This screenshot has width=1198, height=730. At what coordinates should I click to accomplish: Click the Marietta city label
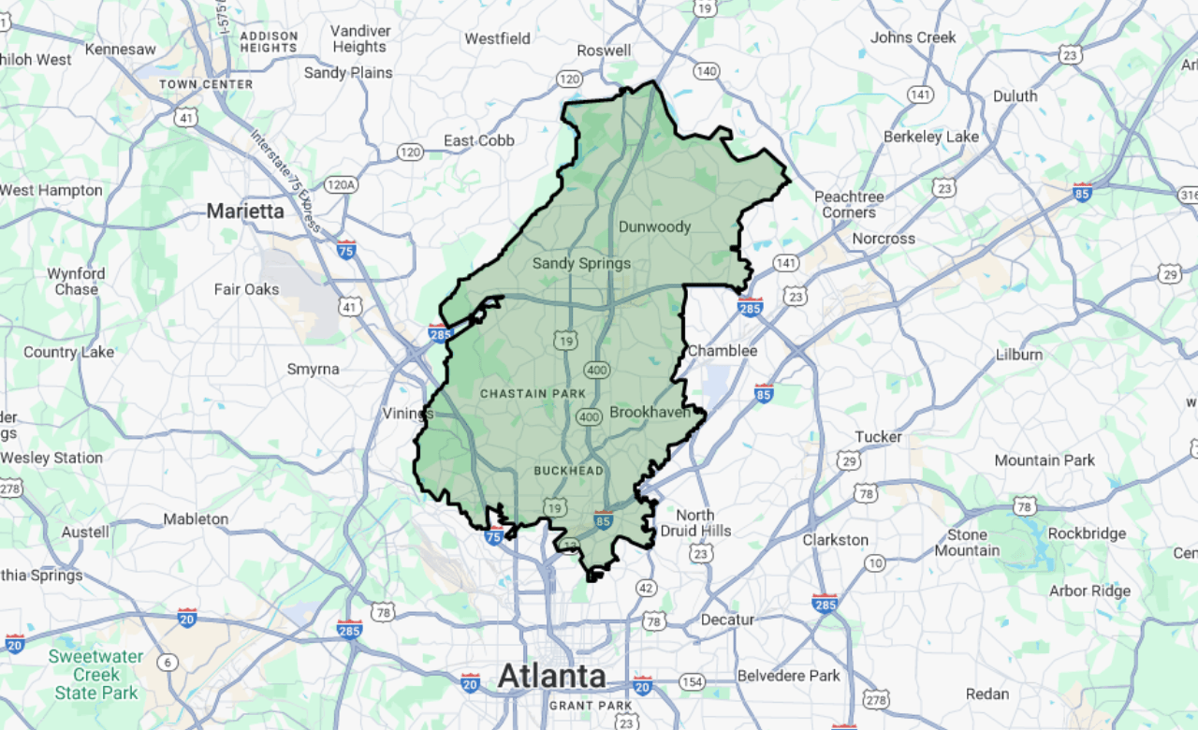[x=245, y=212]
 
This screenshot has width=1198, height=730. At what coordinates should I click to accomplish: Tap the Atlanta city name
[x=551, y=676]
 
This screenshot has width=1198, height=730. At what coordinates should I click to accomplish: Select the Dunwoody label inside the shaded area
[x=654, y=226]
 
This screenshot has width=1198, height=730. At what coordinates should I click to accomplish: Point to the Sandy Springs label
[x=581, y=263]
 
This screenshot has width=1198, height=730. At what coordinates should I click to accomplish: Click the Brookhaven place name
[x=650, y=412]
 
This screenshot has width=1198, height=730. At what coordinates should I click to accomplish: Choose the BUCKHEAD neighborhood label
[x=569, y=470]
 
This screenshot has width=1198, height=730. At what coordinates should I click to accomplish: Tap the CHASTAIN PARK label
[x=533, y=393]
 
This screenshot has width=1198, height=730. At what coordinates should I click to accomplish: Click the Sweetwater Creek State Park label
[x=96, y=674]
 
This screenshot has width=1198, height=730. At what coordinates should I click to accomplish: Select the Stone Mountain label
[x=967, y=543]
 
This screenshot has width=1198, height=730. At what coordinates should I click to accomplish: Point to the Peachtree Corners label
[x=849, y=204]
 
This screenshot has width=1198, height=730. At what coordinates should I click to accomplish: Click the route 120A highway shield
[x=341, y=184]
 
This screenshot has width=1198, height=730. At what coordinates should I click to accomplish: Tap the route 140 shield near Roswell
[x=706, y=71]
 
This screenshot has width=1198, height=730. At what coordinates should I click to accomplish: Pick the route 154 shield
[x=692, y=681]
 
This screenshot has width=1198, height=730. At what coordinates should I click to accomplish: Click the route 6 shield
[x=168, y=663]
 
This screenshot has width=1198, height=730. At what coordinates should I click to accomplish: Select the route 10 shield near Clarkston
[x=875, y=562]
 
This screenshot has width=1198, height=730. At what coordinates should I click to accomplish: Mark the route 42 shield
[x=646, y=588]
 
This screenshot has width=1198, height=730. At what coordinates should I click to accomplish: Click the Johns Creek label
[x=913, y=37]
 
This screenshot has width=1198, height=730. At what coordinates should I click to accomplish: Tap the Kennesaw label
[x=120, y=49]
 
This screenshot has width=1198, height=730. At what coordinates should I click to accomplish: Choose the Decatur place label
[x=727, y=620]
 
